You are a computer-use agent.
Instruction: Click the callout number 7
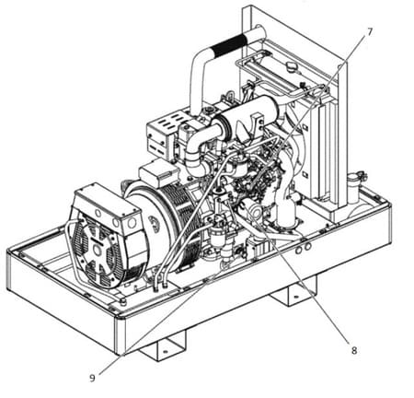[369, 31]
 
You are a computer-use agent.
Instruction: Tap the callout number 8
[354, 350]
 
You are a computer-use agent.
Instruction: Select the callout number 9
[92, 378]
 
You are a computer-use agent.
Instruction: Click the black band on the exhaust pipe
[228, 45]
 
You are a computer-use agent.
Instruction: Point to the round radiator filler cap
[292, 66]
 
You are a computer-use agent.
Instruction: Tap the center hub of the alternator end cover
[98, 251]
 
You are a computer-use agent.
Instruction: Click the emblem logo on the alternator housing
[155, 221]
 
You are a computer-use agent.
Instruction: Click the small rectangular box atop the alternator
[159, 173]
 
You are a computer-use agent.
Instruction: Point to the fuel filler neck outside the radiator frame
[355, 187]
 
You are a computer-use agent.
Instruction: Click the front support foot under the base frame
[163, 348]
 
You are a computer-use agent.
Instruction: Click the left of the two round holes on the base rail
[299, 251]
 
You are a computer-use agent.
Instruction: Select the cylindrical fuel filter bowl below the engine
[218, 239]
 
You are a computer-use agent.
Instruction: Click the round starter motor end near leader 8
[254, 209]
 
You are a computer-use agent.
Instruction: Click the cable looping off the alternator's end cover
[71, 252]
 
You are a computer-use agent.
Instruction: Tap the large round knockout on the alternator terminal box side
[132, 223]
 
